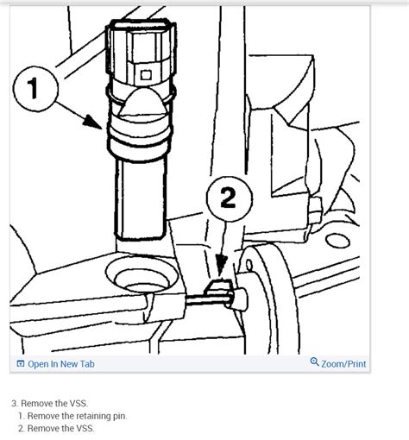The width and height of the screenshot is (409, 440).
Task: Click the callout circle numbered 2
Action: coord(229,199)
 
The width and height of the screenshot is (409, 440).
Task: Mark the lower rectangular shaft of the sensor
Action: coord(137,194)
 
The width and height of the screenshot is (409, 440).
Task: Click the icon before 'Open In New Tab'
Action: coord(21,364)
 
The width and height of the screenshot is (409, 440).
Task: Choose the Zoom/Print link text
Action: coord(343,364)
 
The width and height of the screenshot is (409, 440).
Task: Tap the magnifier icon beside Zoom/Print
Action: coord(314,363)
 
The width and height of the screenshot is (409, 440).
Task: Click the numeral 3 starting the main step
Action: coord(14,403)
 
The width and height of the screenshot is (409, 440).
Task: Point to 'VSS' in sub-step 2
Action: coord(83,428)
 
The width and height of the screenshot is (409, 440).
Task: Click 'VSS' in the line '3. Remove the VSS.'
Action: coord(77,403)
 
